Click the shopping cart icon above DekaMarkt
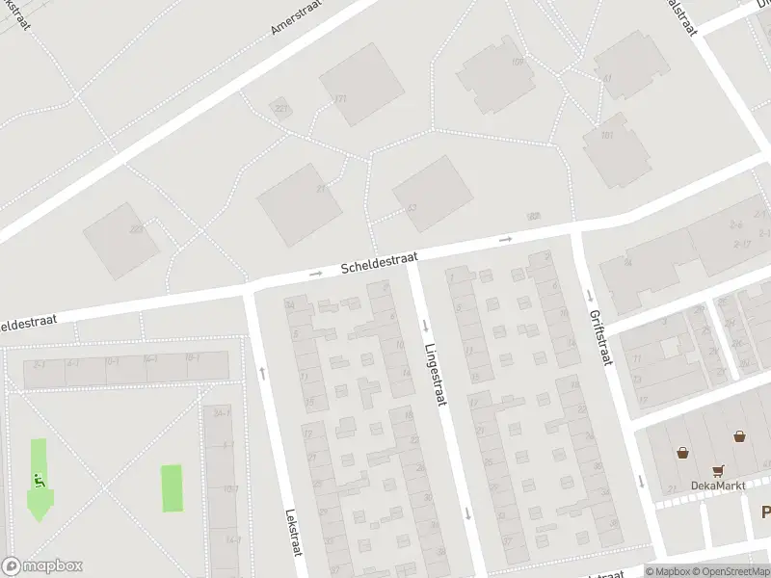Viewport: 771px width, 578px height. (x=717, y=471)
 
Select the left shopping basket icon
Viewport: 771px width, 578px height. (x=683, y=451)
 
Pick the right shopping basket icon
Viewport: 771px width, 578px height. (x=739, y=435)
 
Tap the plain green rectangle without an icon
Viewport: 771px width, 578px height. (x=171, y=488)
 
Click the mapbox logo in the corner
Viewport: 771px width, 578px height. (x=42, y=566)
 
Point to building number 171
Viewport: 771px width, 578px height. (x=339, y=99)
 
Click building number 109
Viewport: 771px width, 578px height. (x=518, y=63)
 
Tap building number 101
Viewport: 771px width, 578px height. (x=606, y=135)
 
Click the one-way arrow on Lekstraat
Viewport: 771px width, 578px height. (x=262, y=371)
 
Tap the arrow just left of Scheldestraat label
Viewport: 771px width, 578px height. (x=315, y=275)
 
